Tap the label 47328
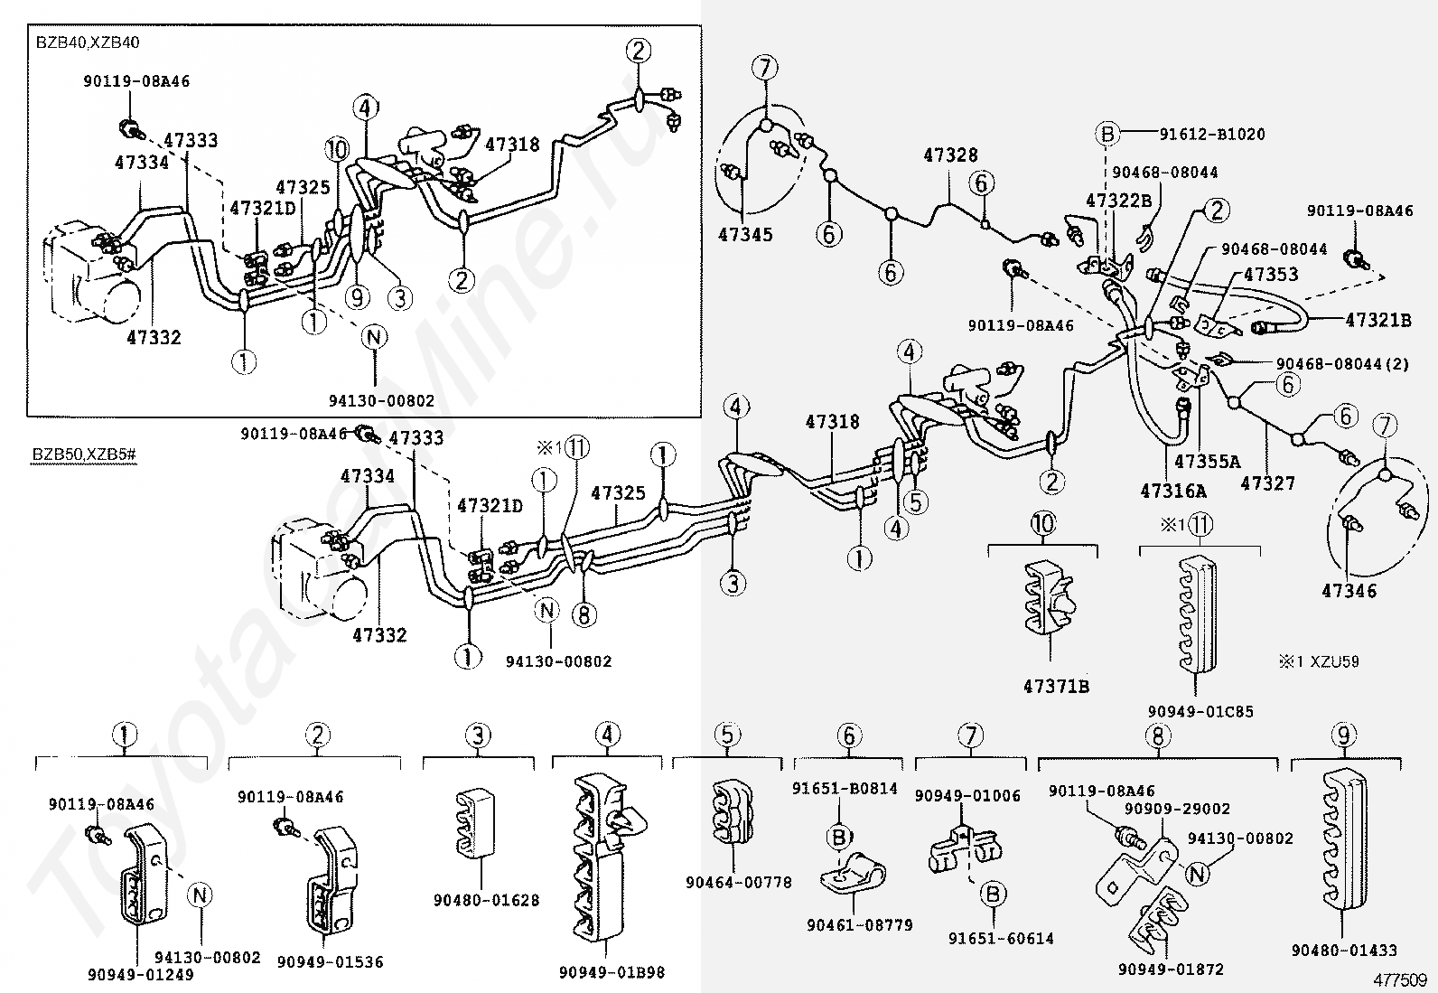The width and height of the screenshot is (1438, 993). (950, 156)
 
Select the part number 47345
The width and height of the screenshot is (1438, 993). (745, 235)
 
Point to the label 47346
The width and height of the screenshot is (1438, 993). (1349, 591)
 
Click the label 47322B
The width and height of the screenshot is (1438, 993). (1118, 201)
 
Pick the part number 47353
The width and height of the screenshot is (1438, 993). (1271, 274)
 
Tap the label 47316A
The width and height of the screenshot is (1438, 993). (1172, 492)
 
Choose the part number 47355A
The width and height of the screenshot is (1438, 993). (1208, 462)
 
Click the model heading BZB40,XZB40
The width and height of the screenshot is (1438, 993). (88, 42)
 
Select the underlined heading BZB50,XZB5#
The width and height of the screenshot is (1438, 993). (83, 454)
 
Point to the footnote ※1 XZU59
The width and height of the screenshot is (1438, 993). (1319, 661)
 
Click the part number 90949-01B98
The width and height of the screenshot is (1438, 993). (612, 972)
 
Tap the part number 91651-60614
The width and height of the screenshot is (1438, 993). (1001, 939)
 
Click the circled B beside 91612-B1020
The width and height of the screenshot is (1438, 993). (1108, 135)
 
